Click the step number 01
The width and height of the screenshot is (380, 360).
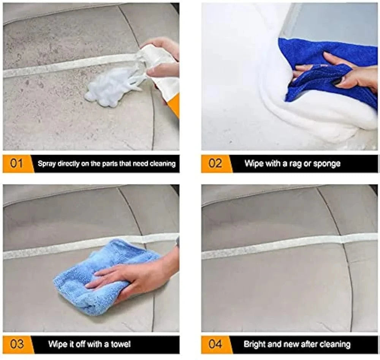16,163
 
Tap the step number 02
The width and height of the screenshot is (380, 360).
215,163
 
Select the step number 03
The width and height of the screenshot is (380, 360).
17,344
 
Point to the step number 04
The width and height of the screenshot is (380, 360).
215,344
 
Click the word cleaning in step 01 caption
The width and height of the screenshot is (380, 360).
163,164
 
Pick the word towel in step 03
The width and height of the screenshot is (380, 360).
121,344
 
